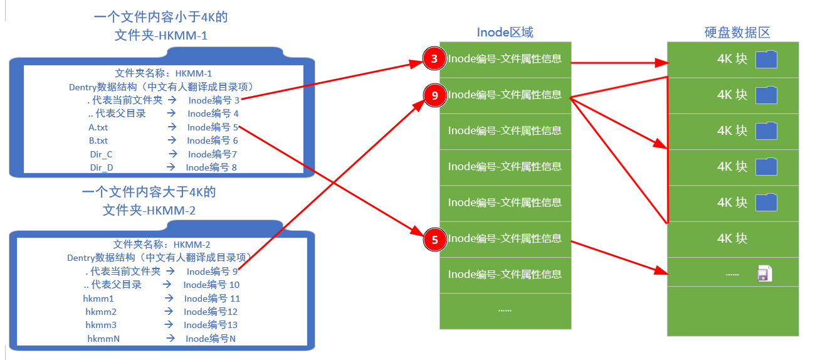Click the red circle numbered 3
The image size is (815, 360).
pyautogui.click(x=433, y=60)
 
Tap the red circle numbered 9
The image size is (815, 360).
pyautogui.click(x=433, y=95)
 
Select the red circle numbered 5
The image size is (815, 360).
pyautogui.click(x=433, y=239)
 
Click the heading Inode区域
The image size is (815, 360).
pyautogui.click(x=505, y=33)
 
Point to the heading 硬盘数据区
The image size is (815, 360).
pyautogui.click(x=737, y=33)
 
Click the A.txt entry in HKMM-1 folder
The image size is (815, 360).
pyautogui.click(x=98, y=127)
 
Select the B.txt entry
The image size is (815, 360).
pyautogui.click(x=98, y=140)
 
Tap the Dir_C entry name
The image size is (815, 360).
pyautogui.click(x=101, y=154)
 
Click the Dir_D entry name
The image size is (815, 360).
pyautogui.click(x=101, y=167)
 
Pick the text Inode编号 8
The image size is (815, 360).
pyautogui.click(x=211, y=167)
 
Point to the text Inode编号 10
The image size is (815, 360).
pyautogui.click(x=211, y=285)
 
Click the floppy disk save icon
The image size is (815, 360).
pyautogui.click(x=764, y=274)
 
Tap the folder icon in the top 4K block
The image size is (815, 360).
pyautogui.click(x=766, y=60)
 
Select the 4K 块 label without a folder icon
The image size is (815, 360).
pyautogui.click(x=732, y=239)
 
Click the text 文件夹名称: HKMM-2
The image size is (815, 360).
pyautogui.click(x=162, y=244)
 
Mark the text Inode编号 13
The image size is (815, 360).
pyautogui.click(x=211, y=325)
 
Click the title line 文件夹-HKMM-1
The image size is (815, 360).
pyautogui.click(x=161, y=36)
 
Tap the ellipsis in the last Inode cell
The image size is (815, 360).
pyautogui.click(x=505, y=310)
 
